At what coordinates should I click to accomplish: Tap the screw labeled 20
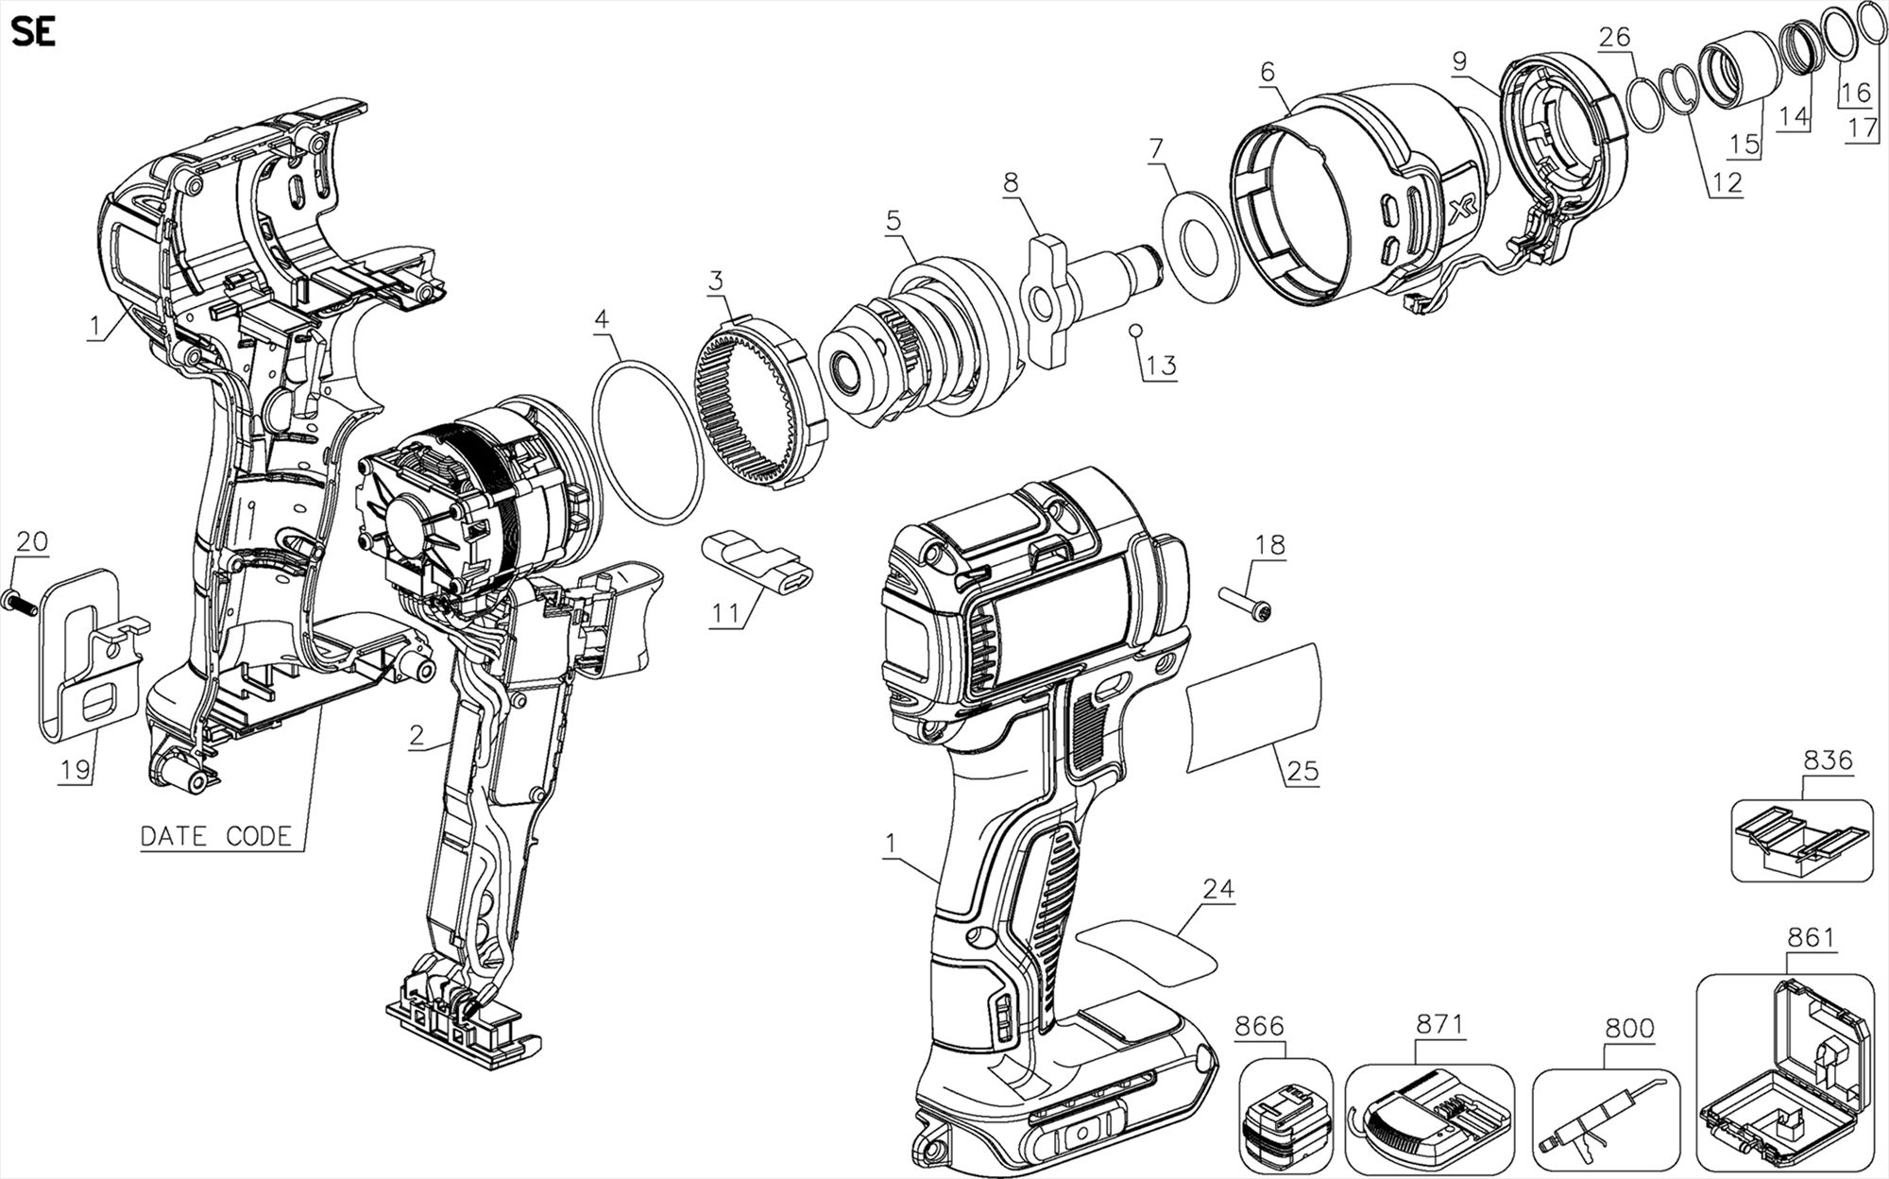21,601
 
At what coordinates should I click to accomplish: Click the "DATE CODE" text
215,837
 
